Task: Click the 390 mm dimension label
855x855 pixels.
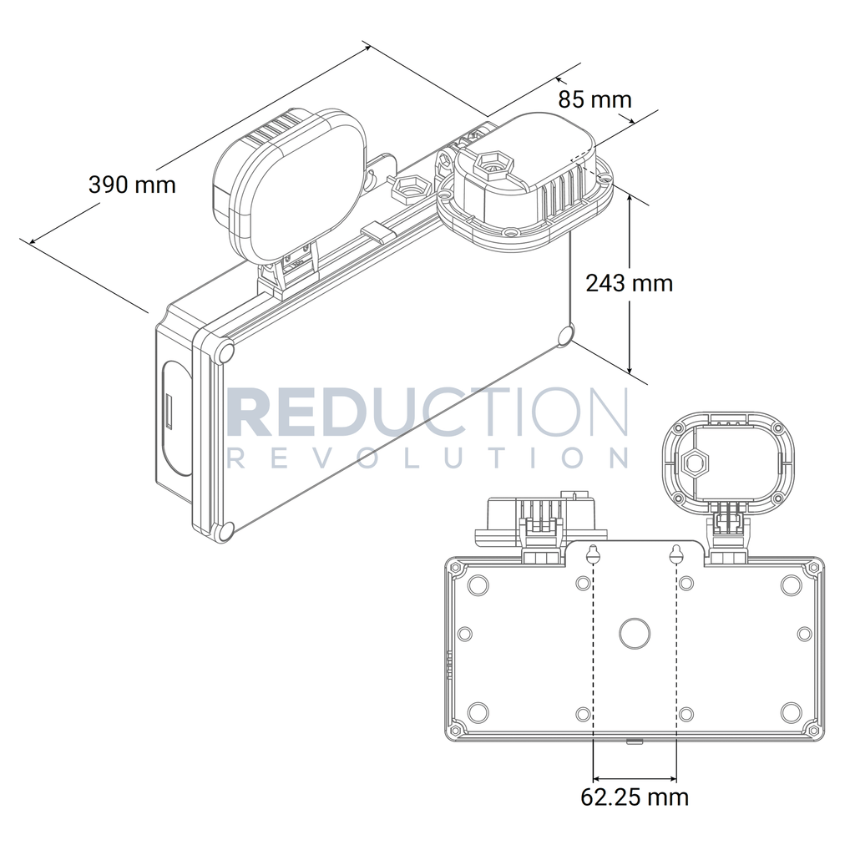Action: coord(132,185)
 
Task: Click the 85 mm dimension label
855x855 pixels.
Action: coord(594,100)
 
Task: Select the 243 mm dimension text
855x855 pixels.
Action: coord(630,284)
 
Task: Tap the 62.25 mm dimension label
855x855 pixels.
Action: coord(635,797)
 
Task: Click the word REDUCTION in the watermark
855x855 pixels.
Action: coord(427,412)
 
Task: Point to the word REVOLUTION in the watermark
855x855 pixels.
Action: coord(427,458)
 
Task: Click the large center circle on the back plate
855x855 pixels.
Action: coord(635,634)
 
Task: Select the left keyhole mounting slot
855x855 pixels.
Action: coord(593,555)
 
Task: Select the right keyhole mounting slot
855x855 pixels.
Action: coord(676,555)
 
